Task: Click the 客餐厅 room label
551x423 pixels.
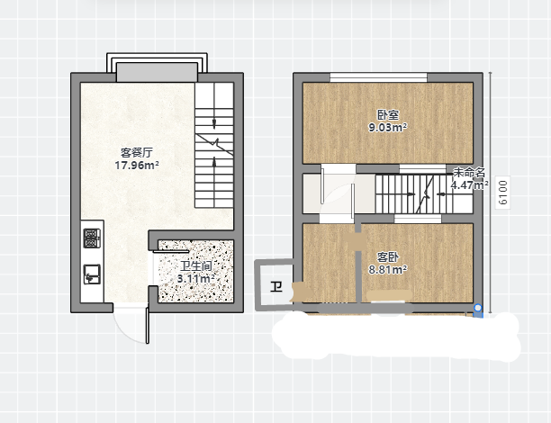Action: click(137, 153)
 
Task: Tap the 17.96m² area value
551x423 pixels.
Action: click(137, 165)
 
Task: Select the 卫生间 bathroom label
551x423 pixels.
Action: click(196, 266)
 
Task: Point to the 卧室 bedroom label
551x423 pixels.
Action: click(388, 115)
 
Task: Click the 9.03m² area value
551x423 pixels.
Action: click(388, 127)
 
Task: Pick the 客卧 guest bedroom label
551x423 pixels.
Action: click(388, 257)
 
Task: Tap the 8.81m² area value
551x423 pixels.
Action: click(388, 270)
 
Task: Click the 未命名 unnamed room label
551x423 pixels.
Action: click(469, 173)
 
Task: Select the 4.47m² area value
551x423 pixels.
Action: click(469, 184)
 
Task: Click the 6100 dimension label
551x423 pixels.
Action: click(503, 193)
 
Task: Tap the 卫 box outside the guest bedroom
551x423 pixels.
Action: click(275, 287)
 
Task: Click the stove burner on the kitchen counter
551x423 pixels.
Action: click(92, 238)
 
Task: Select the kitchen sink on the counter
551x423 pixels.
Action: click(92, 274)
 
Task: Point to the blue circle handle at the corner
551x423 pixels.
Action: click(478, 308)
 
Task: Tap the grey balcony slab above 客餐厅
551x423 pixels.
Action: click(157, 72)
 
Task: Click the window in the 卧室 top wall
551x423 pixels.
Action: click(378, 77)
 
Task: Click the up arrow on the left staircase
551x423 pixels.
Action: click(214, 162)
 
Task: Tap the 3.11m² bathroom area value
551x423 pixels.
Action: click(196, 279)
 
